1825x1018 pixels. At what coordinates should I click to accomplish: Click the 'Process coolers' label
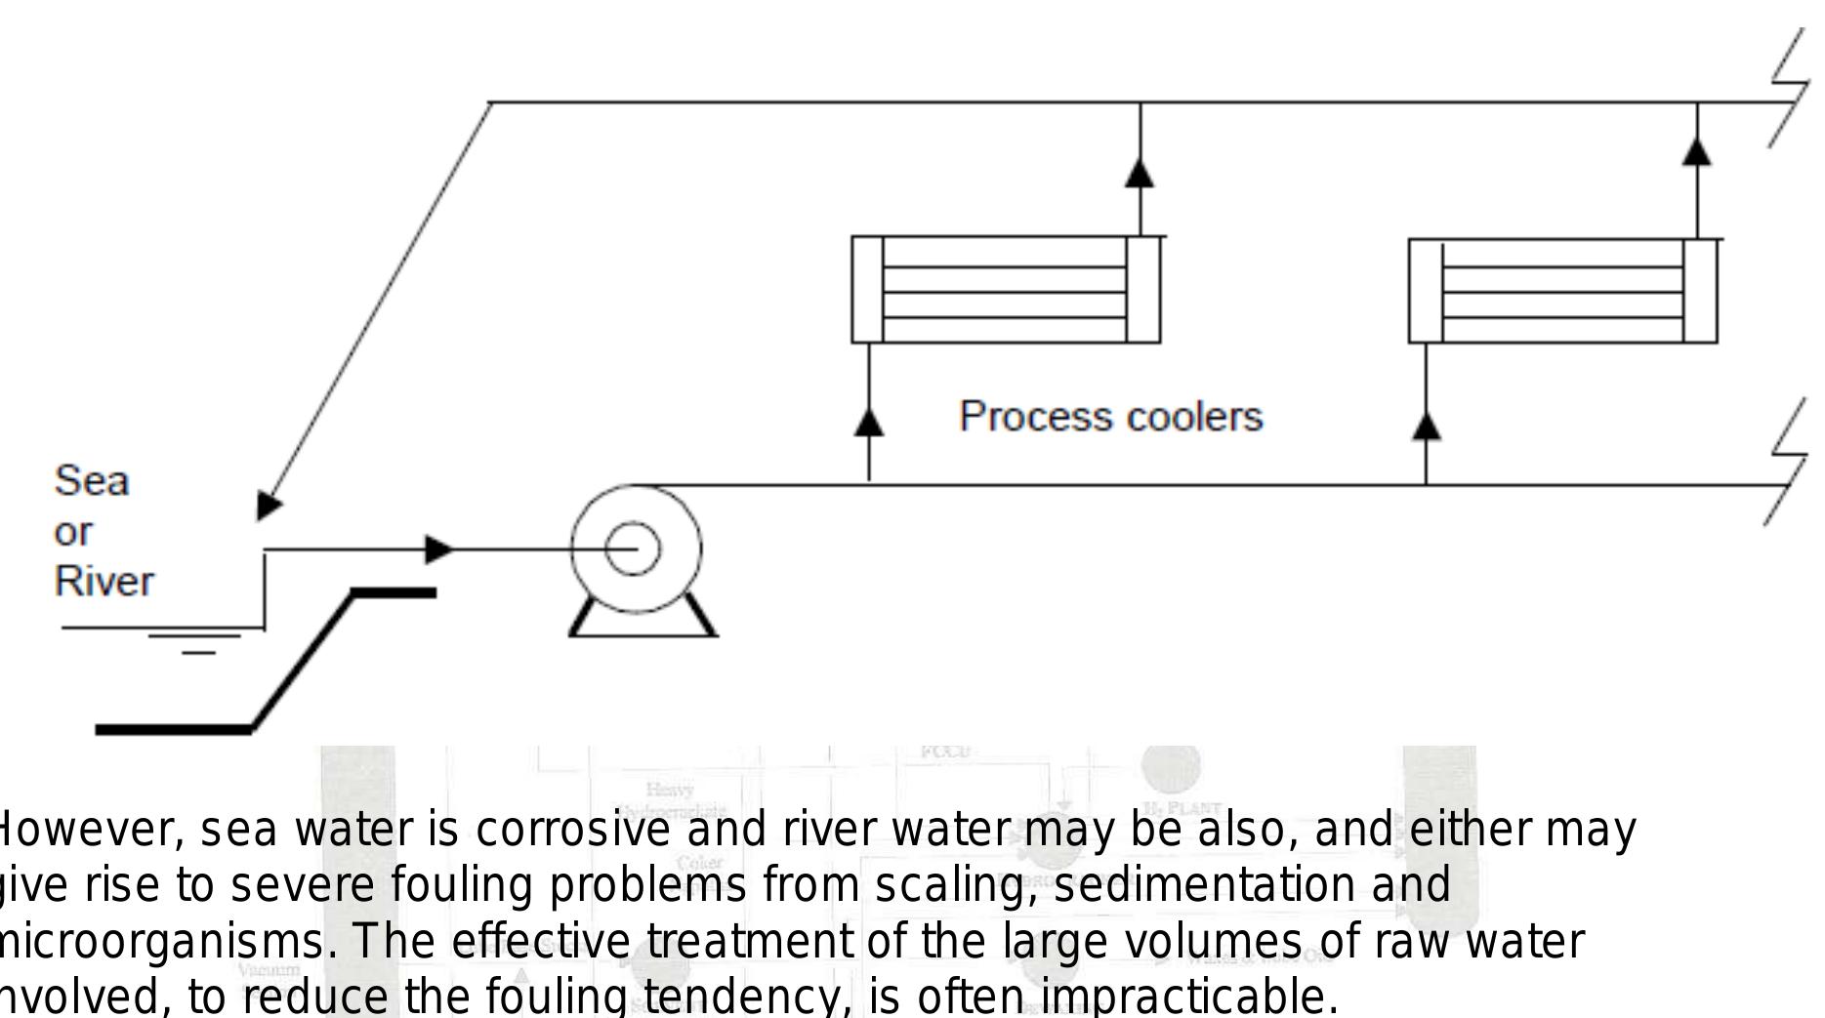pyautogui.click(x=1110, y=417)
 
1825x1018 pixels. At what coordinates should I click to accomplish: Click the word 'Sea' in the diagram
pyautogui.click(x=91, y=480)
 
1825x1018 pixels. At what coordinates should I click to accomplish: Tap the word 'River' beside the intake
pyautogui.click(x=104, y=582)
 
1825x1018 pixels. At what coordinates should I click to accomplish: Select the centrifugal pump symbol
pyautogui.click(x=635, y=550)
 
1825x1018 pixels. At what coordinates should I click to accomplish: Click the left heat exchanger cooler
pyautogui.click(x=1006, y=290)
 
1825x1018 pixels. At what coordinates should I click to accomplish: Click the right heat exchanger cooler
pyautogui.click(x=1562, y=291)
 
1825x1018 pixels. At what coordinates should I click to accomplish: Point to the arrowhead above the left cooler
pyautogui.click(x=1140, y=173)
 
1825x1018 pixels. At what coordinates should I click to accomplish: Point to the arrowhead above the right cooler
pyautogui.click(x=1697, y=151)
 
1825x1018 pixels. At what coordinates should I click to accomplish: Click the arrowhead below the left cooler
pyautogui.click(x=869, y=422)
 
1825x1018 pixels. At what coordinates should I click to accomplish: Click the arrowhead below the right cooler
pyautogui.click(x=1427, y=426)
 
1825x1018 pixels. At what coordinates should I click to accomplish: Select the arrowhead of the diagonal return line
pyautogui.click(x=268, y=505)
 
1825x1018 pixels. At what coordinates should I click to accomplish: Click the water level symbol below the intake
pyautogui.click(x=195, y=641)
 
